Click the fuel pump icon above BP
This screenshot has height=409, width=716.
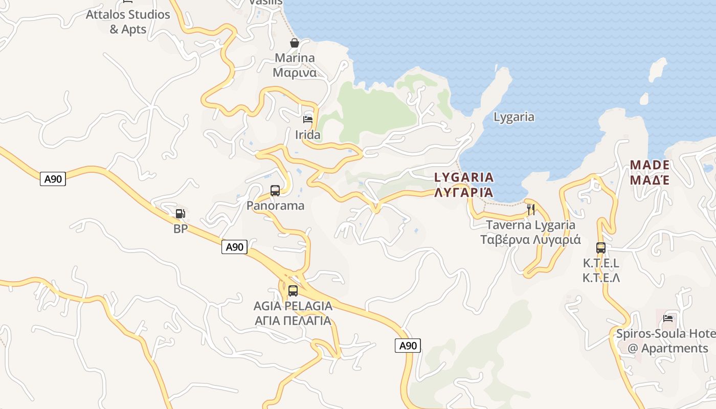(x=180, y=214)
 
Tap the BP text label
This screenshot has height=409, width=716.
(x=181, y=229)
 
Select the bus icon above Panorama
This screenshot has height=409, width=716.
(x=275, y=191)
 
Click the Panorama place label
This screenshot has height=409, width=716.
(x=275, y=206)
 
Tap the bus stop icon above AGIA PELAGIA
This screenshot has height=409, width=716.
(x=293, y=291)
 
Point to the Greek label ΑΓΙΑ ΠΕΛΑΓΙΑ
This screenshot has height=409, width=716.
(x=293, y=321)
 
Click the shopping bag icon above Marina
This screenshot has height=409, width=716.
(x=295, y=43)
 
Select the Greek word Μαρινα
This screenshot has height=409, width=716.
(x=295, y=72)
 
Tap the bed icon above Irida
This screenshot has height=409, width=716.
(x=308, y=120)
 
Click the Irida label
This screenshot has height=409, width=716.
(x=308, y=135)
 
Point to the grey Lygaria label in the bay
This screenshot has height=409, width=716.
(x=514, y=117)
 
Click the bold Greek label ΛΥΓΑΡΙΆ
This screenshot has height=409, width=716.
(x=464, y=193)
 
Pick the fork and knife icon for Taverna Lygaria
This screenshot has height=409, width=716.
(x=531, y=209)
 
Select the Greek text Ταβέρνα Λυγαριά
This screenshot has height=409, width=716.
(x=531, y=240)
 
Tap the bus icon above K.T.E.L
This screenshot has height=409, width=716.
(x=601, y=248)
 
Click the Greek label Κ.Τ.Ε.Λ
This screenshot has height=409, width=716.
(x=601, y=278)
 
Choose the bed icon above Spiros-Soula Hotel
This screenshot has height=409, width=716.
(x=668, y=319)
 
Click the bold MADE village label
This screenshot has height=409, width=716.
(x=650, y=165)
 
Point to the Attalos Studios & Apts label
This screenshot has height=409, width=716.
(x=128, y=21)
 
